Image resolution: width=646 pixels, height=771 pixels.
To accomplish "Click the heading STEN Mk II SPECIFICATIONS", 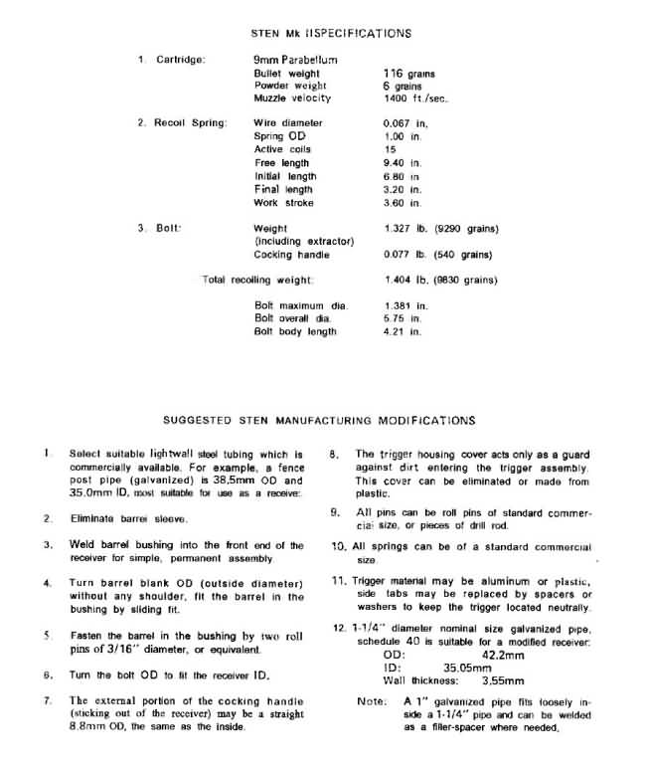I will [x=331, y=33].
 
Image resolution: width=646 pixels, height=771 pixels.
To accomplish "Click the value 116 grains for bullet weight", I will [x=408, y=74].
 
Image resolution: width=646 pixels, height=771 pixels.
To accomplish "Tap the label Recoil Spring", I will [x=190, y=122].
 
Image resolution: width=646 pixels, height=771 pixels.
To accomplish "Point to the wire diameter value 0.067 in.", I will [x=404, y=122].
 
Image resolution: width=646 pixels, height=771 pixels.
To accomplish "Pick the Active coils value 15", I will [x=390, y=149].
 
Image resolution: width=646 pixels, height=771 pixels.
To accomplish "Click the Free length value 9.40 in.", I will [x=403, y=162].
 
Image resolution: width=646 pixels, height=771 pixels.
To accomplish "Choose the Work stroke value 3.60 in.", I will [x=403, y=202].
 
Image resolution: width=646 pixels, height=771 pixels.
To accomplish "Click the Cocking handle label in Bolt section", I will [x=290, y=255].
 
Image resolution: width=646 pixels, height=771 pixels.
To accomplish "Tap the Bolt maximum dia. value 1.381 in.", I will [x=404, y=305].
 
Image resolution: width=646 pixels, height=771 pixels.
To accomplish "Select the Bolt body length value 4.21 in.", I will [x=403, y=331].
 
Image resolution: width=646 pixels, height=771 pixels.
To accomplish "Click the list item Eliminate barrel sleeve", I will [x=128, y=518].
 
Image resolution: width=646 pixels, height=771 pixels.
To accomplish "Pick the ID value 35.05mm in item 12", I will [x=465, y=669].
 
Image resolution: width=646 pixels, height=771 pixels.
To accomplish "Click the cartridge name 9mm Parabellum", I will [x=295, y=60].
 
